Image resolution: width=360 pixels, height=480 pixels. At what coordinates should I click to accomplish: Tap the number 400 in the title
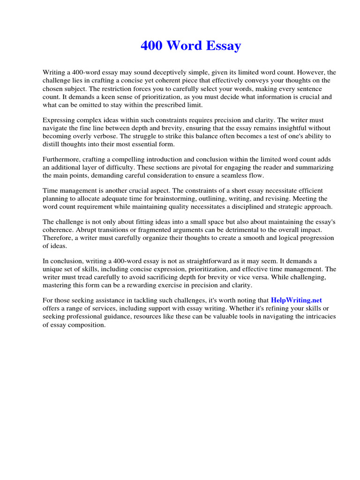tap(153, 46)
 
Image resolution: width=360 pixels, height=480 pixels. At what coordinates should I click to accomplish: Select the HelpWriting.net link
tap(296, 300)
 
